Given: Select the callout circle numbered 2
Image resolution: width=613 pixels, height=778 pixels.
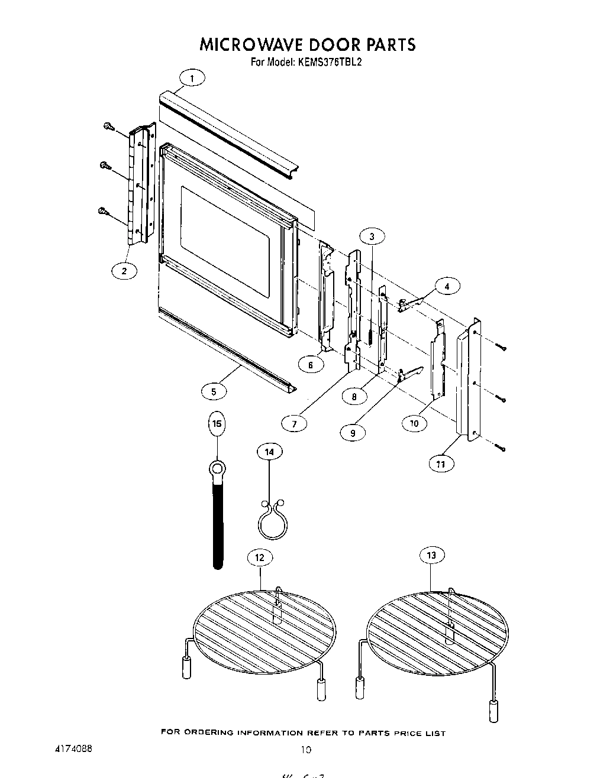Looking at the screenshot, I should (124, 271).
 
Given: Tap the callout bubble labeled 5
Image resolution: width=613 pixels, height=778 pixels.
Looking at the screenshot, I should (214, 391).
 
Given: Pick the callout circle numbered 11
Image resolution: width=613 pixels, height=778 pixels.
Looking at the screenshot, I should (441, 464).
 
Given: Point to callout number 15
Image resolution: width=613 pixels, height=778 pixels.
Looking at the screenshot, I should (217, 423).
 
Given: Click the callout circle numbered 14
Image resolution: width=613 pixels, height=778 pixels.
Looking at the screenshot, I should (269, 452).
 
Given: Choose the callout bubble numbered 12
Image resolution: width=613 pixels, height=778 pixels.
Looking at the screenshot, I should (260, 557).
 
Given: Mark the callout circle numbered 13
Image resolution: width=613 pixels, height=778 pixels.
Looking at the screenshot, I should (431, 555).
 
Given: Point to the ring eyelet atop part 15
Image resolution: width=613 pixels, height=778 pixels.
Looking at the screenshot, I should (217, 471).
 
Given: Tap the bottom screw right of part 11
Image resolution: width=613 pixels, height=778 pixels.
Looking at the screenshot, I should (502, 449).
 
